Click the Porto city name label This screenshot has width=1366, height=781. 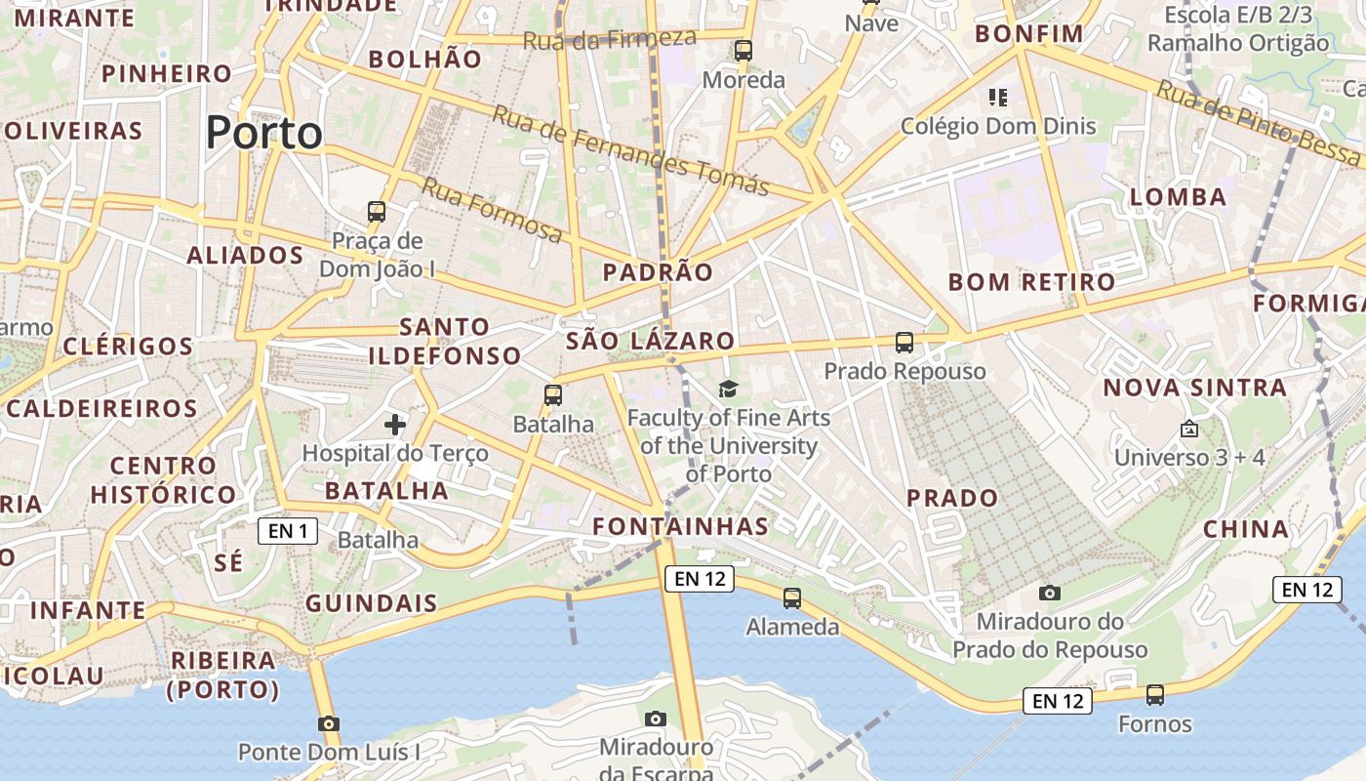point(263,133)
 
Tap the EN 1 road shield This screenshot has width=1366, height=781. point(288,531)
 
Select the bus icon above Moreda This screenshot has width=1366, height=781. point(743,51)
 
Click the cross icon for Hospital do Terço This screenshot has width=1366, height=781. point(395,424)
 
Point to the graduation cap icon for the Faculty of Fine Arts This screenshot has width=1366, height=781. point(728,390)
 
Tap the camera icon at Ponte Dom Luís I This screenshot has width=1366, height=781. point(329,723)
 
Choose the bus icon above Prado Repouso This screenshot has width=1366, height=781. point(904,343)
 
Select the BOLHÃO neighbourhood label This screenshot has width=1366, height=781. point(424,59)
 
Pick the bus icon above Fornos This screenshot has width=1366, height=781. point(1155,695)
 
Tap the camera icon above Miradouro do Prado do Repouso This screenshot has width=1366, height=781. point(1050,593)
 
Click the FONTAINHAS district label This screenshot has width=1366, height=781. point(681,526)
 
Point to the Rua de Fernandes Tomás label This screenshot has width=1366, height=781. point(630,149)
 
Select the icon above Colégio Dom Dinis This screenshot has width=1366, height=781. point(997,97)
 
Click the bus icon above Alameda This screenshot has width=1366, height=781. point(792,598)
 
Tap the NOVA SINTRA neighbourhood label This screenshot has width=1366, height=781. point(1194,388)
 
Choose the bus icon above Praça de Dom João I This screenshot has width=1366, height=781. point(376,211)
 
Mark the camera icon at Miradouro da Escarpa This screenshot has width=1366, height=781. point(656,719)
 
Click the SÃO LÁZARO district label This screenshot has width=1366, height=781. point(650,341)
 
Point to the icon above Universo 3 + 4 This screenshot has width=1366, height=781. point(1189,429)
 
